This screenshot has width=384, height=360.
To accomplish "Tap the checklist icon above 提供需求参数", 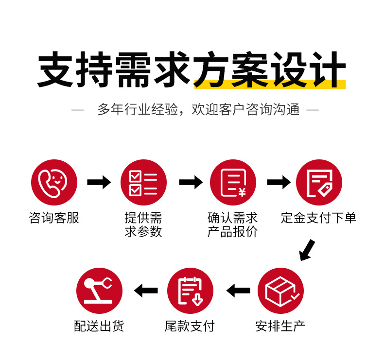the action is click(x=143, y=183).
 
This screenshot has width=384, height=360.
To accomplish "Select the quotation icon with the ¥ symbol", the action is click(x=233, y=183).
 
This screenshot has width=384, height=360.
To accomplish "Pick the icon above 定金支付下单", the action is click(x=319, y=183).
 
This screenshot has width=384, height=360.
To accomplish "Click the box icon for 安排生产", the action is click(x=280, y=291).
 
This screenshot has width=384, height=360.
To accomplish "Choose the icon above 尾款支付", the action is click(x=190, y=291).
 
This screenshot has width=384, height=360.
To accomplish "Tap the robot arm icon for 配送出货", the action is click(x=99, y=291).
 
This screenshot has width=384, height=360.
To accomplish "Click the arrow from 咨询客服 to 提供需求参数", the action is click(x=99, y=183).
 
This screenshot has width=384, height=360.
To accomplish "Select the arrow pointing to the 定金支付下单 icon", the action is click(x=278, y=183).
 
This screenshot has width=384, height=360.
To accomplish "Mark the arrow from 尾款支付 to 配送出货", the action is click(x=146, y=291).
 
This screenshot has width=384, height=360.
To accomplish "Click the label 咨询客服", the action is click(x=54, y=218).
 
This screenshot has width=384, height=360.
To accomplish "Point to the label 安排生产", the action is click(x=280, y=326).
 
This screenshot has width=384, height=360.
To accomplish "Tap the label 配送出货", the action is click(x=99, y=326).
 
